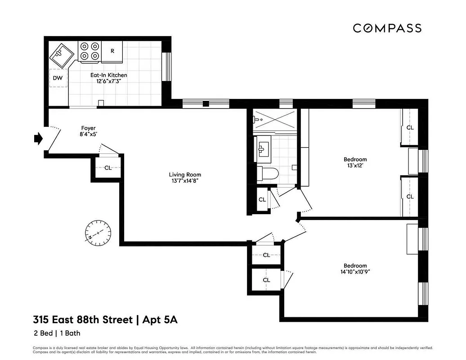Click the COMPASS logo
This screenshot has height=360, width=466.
tap(387, 28)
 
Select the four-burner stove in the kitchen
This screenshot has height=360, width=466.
tap(89, 51)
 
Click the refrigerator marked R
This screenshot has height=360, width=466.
tap(112, 51)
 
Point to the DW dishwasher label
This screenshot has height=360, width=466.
tap(58, 78)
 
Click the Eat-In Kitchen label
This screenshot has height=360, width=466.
tap(108, 75)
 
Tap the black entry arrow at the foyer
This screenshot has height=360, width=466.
tap(38, 139)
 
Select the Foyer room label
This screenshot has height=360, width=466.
tap(88, 128)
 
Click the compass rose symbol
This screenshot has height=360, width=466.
tap(98, 233)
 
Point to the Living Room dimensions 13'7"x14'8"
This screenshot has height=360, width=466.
tap(185, 181)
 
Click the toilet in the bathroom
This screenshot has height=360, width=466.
tap(268, 173)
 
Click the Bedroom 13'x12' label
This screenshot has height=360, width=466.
tap(355, 159)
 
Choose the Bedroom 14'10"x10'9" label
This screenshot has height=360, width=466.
tap(355, 265)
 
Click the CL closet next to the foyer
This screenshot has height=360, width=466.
tap(108, 168)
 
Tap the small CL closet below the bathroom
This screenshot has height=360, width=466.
tap(262, 199)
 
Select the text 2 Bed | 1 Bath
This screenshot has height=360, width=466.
tap(57, 333)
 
